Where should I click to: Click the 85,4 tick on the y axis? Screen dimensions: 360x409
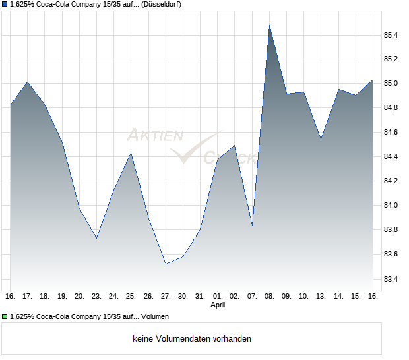pos(391,35)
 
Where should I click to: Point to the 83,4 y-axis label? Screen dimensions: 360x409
pos(391,279)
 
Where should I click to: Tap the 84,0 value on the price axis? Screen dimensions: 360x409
pos(391,206)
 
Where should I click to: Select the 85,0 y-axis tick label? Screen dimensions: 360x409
pos(391,84)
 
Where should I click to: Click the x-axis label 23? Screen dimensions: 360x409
pos(96,296)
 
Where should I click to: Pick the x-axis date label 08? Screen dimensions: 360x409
pos(269,296)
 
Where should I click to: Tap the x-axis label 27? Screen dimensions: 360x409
pos(166,296)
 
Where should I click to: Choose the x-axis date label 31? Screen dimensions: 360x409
pos(200,296)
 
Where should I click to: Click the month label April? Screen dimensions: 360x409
pos(218,305)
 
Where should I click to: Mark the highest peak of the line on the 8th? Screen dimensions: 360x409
pos(269,26)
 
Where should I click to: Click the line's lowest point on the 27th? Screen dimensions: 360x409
pos(166,264)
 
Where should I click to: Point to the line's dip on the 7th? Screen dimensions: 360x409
pos(252,226)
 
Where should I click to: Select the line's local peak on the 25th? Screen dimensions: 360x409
pos(131,153)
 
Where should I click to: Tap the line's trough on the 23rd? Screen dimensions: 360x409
pos(97,238)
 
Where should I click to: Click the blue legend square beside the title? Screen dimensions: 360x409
pos(5,5)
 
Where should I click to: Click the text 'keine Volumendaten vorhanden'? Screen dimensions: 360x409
pos(192,338)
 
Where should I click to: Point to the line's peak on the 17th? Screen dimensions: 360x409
pos(28,82)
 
